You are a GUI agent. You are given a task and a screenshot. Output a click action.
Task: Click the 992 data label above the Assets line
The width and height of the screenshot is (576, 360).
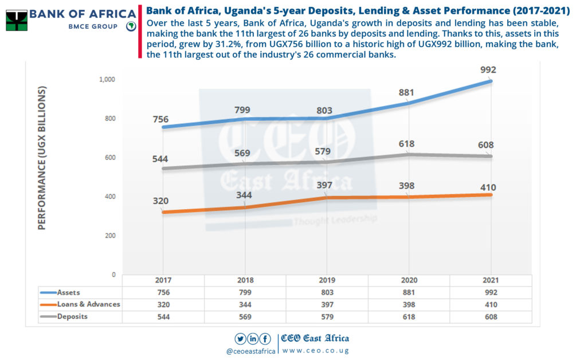(488, 70)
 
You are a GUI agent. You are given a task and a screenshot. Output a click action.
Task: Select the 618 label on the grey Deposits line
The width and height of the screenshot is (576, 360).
(407, 144)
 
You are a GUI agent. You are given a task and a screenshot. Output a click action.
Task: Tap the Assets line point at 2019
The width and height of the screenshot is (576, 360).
(327, 119)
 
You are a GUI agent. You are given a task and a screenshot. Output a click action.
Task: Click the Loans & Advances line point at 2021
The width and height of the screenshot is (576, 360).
(491, 195)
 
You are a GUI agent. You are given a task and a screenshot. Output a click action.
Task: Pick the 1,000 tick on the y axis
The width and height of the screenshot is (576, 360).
(107, 80)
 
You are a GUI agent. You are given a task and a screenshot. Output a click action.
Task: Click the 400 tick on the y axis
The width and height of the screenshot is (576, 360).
(109, 197)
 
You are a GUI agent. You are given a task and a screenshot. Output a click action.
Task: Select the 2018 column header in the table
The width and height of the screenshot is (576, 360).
(245, 281)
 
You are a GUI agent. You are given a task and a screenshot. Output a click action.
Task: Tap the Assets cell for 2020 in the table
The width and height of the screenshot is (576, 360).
(409, 292)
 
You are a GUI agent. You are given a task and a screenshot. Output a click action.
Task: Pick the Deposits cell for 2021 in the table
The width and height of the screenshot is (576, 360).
(490, 316)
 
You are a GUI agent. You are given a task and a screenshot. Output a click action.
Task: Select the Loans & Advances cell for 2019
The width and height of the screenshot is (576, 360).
(327, 304)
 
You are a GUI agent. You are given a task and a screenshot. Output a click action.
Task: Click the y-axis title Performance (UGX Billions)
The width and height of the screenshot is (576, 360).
(42, 158)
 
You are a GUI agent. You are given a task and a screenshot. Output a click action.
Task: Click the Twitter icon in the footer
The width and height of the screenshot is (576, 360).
(241, 338)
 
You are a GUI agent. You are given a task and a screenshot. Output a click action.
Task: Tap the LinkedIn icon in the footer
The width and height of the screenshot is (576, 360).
(253, 338)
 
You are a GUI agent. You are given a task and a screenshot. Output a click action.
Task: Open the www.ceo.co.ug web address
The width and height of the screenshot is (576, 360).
(315, 350)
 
